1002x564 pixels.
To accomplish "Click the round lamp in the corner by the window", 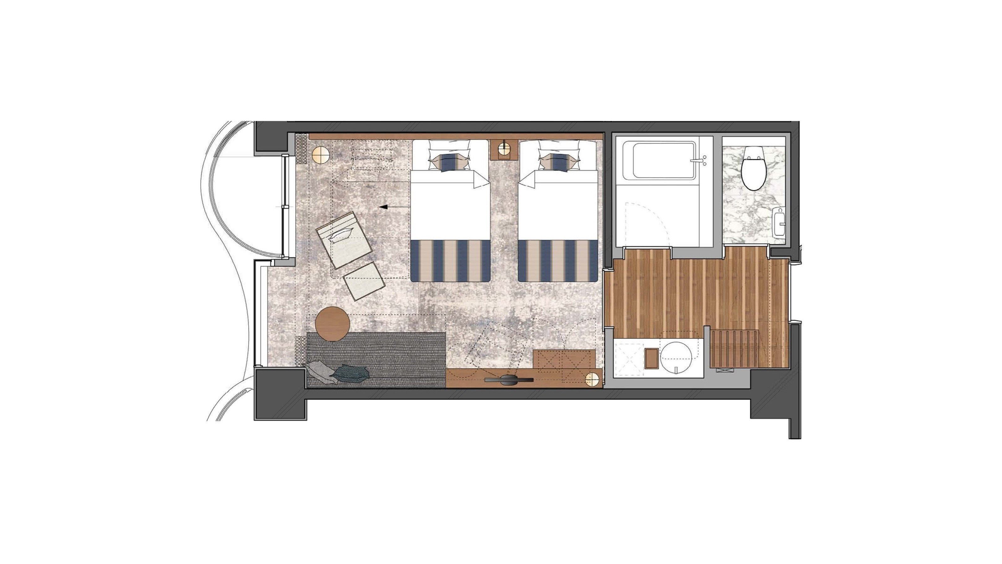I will click(x=321, y=155).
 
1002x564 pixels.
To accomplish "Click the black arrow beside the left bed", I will click(x=384, y=207).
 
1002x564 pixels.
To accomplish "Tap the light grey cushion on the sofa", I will click(x=318, y=371).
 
